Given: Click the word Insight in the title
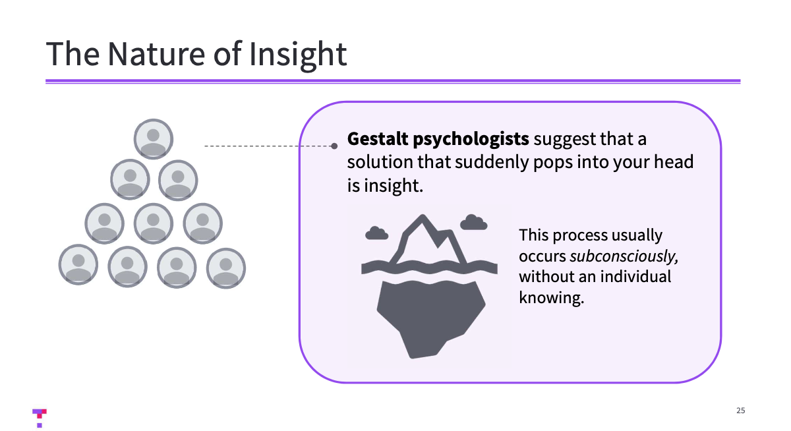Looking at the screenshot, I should click(x=298, y=54).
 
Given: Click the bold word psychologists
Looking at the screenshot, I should click(x=473, y=140).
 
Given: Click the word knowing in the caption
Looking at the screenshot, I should click(x=552, y=297).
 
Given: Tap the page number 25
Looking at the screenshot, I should click(x=740, y=411).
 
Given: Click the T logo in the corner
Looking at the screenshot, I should click(x=40, y=417).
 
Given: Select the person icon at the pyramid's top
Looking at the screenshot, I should click(x=154, y=139).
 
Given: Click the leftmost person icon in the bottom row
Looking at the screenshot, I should click(x=78, y=265).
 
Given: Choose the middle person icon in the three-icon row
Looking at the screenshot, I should click(x=154, y=223).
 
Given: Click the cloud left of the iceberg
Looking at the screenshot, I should click(x=376, y=232).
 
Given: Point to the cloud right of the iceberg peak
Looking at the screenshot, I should click(x=473, y=222).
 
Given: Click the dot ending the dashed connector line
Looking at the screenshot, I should click(x=334, y=146).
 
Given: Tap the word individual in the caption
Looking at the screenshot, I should click(x=634, y=276).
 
